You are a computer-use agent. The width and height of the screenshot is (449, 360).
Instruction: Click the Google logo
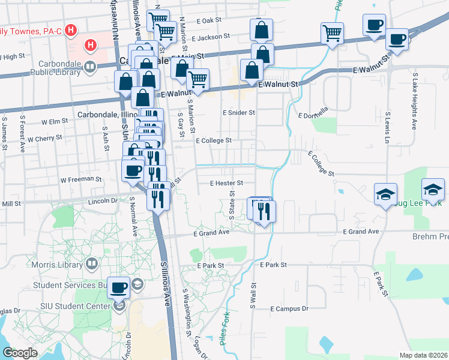click(x=19, y=353)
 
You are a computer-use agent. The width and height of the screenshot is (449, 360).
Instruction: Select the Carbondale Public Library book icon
click(x=91, y=67)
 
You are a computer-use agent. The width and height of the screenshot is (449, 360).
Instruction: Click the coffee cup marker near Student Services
click(x=118, y=288)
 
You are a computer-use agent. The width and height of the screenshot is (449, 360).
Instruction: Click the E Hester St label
click(x=226, y=183)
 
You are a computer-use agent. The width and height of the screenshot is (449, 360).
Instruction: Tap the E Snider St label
click(x=238, y=112)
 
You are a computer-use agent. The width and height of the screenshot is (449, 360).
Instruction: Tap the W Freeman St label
click(x=81, y=179)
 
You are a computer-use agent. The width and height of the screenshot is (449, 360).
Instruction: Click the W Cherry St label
click(x=44, y=138)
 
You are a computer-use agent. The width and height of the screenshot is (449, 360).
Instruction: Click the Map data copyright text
click(x=423, y=355)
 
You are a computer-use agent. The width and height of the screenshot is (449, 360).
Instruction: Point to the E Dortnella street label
click(x=313, y=115)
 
